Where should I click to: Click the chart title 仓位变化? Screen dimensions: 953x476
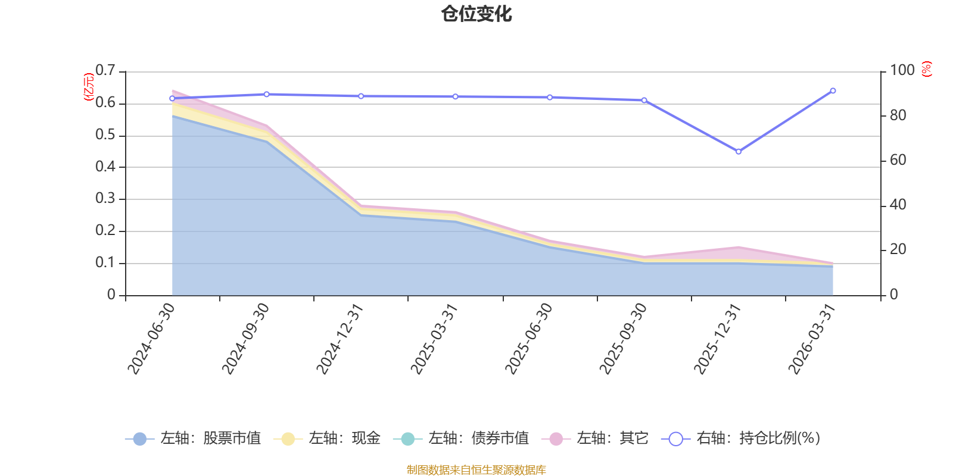(x=476, y=14)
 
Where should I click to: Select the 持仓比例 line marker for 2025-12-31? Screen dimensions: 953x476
(x=739, y=151)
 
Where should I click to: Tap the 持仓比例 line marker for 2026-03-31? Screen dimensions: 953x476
(x=833, y=90)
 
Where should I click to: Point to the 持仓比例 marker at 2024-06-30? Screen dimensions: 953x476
(x=172, y=98)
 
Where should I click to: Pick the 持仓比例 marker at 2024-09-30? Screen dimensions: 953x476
(x=267, y=94)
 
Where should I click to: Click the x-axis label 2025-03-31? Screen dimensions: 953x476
(x=434, y=339)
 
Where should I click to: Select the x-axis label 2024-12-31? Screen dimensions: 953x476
(x=340, y=339)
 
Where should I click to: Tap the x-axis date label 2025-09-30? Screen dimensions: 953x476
(x=623, y=339)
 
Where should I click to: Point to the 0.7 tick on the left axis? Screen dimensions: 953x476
(x=105, y=70)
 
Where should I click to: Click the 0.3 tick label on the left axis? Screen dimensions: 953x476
(x=105, y=198)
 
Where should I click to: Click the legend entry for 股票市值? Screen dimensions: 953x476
(x=193, y=438)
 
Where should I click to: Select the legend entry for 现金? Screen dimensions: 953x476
(x=327, y=438)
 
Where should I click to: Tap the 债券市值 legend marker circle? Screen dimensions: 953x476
(x=407, y=439)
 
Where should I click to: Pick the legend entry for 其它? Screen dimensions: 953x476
(x=595, y=438)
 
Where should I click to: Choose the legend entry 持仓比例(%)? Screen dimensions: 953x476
(x=741, y=438)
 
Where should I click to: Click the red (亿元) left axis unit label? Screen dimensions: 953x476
(x=89, y=87)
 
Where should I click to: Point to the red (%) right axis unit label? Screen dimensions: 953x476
(x=927, y=69)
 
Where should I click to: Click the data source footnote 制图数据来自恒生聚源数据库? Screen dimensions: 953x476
(x=476, y=469)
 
